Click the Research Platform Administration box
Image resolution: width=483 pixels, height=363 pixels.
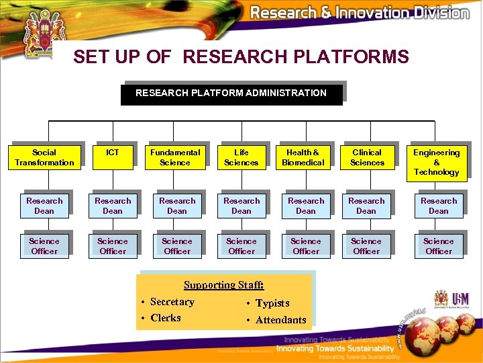[231, 93]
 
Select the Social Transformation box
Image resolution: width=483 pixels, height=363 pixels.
[44, 157]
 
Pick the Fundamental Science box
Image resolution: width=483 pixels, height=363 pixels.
[175, 157]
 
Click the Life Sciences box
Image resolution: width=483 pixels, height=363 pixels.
[241, 157]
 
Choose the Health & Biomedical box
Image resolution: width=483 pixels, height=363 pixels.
[303, 157]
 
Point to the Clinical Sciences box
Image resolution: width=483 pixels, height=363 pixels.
[367, 157]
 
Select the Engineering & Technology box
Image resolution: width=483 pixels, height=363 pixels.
[436, 162]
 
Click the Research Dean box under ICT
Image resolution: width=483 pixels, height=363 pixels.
[113, 206]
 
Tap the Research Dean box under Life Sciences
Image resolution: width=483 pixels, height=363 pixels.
[241, 206]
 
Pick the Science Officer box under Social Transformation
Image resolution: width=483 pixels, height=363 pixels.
[44, 246]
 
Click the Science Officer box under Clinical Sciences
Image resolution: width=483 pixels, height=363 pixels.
[366, 246]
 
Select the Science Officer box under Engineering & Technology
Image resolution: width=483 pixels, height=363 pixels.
[439, 246]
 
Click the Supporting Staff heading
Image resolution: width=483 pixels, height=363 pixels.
[224, 285]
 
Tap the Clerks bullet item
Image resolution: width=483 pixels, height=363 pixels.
[166, 318]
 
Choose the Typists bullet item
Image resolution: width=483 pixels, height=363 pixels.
[272, 303]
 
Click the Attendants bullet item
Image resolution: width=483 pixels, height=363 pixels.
[280, 320]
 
